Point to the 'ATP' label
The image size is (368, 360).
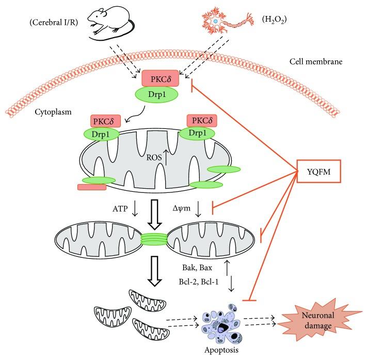pos(120,209)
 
